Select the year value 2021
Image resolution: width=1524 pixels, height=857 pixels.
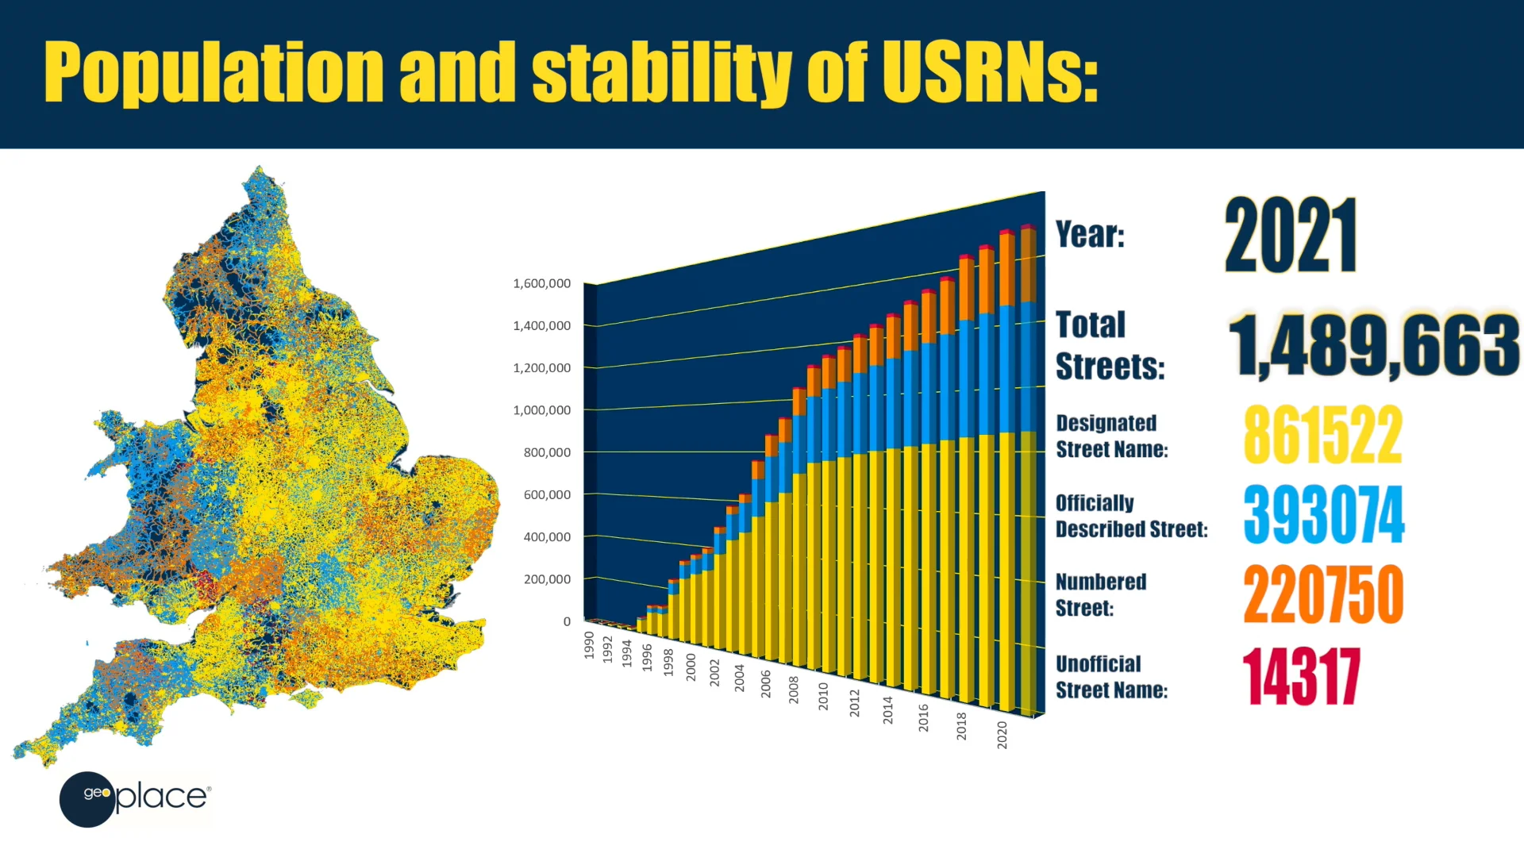click(x=1291, y=236)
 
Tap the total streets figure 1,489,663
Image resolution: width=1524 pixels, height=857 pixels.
click(x=1374, y=344)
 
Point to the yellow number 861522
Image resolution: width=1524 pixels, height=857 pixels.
click(x=1323, y=435)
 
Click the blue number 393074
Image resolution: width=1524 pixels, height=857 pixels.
click(x=1324, y=515)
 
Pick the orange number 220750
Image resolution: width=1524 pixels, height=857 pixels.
click(x=1323, y=594)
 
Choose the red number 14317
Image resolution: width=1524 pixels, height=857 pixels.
click(x=1302, y=677)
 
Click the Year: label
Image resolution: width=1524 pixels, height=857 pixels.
click(x=1090, y=234)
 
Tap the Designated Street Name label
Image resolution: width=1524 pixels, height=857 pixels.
click(x=1112, y=436)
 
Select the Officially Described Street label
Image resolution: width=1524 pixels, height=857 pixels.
click(x=1132, y=516)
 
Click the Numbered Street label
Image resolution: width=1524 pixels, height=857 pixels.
click(x=1101, y=594)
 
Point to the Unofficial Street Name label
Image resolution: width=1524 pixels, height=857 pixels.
click(x=1111, y=677)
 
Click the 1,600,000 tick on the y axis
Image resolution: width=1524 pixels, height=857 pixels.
click(x=542, y=283)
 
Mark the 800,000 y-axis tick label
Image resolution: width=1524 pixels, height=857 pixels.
click(x=547, y=452)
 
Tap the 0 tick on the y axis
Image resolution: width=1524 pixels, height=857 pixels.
click(x=567, y=621)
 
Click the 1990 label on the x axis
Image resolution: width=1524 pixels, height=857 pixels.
click(x=589, y=645)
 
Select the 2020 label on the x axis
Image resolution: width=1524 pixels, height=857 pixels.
click(x=1003, y=735)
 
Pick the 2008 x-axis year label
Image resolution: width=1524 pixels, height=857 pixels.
click(x=794, y=690)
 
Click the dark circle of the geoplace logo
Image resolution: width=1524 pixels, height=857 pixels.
click(x=87, y=799)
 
